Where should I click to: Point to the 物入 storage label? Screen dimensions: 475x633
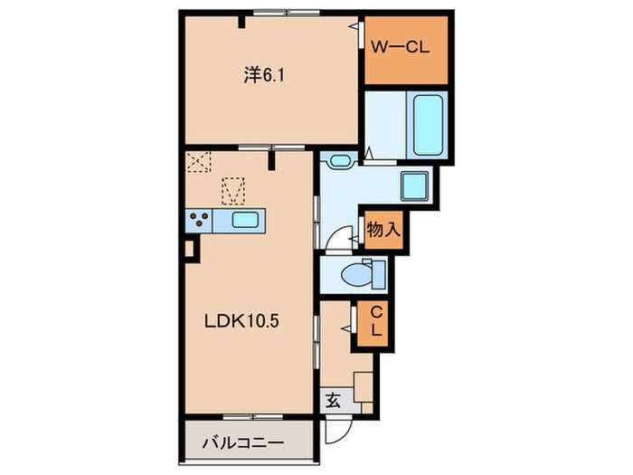[383, 231]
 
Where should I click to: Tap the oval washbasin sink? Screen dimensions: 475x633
[340, 162]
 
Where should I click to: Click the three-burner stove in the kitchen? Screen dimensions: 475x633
[199, 219]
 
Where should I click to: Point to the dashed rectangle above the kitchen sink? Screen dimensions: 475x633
[233, 191]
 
